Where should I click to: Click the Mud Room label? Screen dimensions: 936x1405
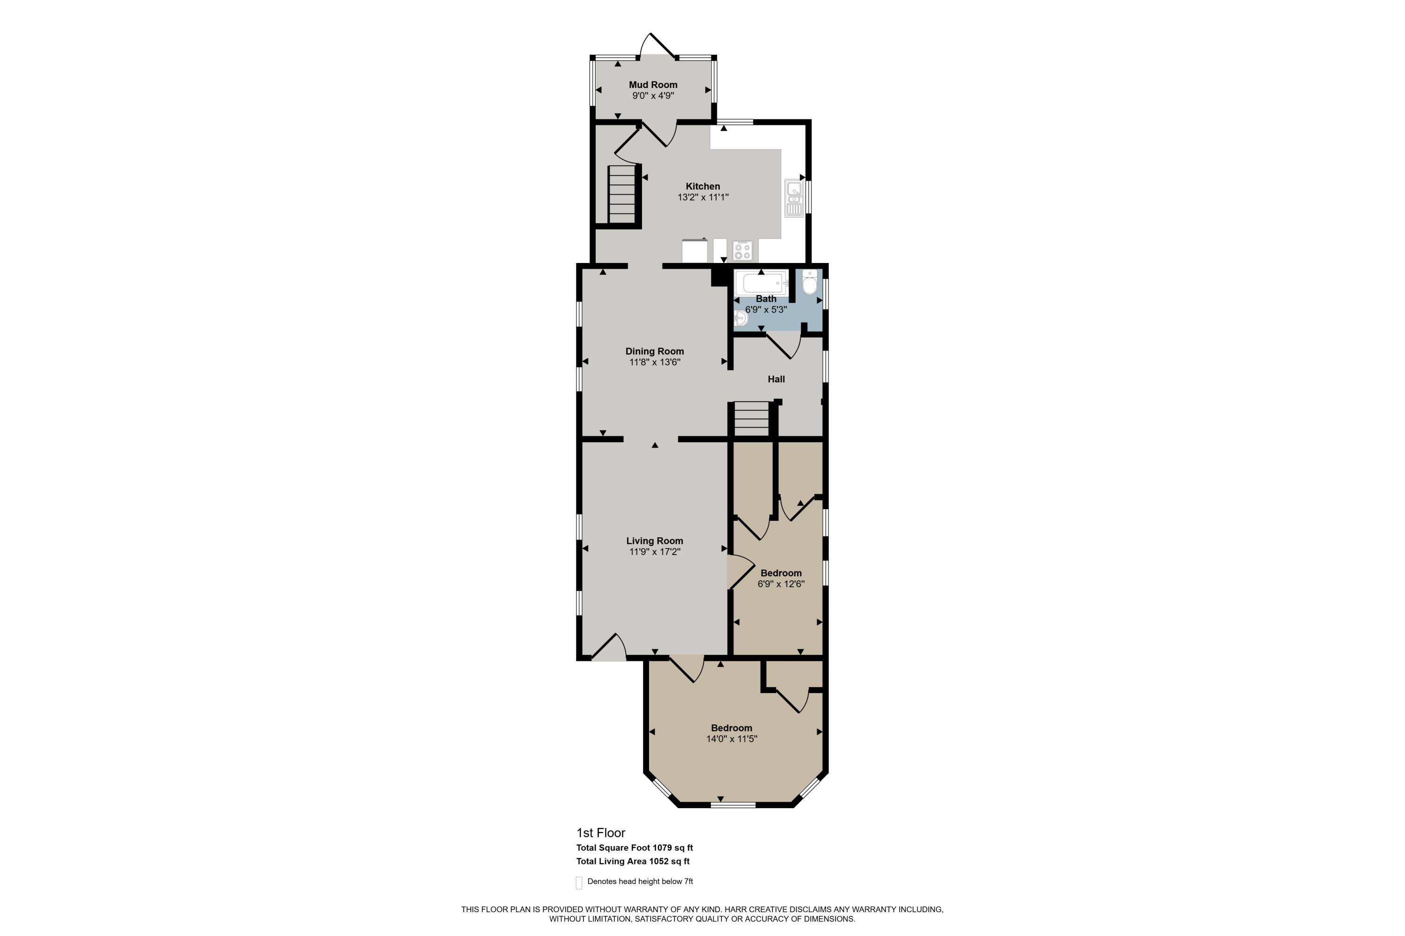click(653, 85)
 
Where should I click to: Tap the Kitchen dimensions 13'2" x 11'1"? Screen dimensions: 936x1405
click(702, 197)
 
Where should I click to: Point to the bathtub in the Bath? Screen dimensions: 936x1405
click(761, 284)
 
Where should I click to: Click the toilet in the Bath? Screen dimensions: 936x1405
click(809, 283)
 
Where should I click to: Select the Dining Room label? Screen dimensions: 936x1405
click(654, 351)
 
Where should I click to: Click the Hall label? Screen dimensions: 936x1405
click(776, 379)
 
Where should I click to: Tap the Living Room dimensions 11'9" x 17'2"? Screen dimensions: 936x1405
click(654, 552)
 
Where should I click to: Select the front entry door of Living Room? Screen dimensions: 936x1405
click(609, 651)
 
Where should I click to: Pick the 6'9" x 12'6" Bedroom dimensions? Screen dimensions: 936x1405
click(781, 585)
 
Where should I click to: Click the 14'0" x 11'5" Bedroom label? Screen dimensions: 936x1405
click(731, 728)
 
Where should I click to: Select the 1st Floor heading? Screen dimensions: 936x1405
click(600, 833)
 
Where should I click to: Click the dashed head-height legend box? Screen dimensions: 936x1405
click(578, 883)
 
